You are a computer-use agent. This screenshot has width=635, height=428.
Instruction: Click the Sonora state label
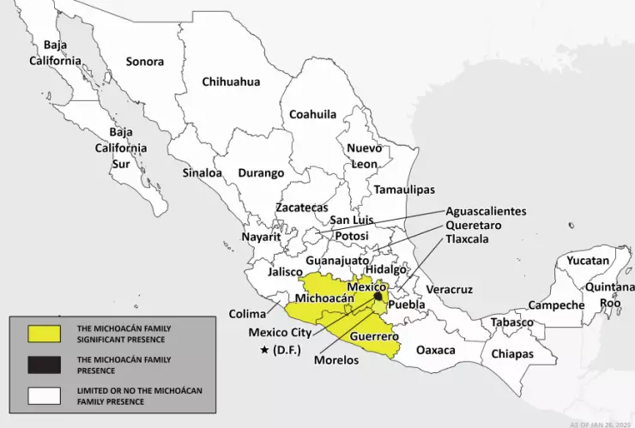[144, 61]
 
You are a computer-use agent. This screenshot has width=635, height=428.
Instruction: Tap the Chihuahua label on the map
[231, 81]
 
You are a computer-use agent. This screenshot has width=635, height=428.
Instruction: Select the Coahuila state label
[312, 114]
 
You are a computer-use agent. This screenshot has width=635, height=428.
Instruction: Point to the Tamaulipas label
[403, 189]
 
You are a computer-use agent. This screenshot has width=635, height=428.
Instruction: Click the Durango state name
[260, 172]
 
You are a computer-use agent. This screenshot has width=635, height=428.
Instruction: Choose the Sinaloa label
[202, 172]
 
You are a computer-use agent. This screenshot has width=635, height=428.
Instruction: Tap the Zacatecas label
[301, 208]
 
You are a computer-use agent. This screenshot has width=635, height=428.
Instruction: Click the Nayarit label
[262, 235]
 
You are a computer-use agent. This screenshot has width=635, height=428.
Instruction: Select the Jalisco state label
[285, 272]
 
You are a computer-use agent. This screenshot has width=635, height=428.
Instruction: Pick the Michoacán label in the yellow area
[324, 298]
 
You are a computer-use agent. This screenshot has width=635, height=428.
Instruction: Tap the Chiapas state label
[512, 353]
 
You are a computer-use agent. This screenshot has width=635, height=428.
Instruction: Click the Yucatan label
[588, 260]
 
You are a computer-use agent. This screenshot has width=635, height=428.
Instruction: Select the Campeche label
[556, 304]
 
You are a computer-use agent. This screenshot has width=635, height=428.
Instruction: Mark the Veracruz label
[450, 291]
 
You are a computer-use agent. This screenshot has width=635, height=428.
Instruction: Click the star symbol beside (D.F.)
[264, 350]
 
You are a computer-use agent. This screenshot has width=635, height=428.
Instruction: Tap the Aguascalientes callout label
[486, 211]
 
